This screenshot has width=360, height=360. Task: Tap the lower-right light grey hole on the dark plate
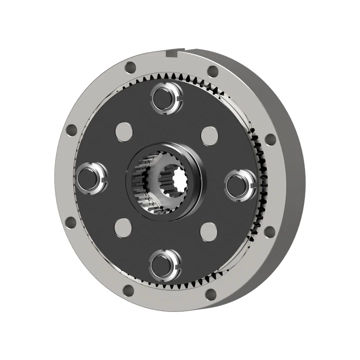[208, 230]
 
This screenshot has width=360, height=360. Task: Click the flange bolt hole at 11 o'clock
[130, 66]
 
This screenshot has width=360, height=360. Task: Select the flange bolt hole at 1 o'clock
[212, 71]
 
